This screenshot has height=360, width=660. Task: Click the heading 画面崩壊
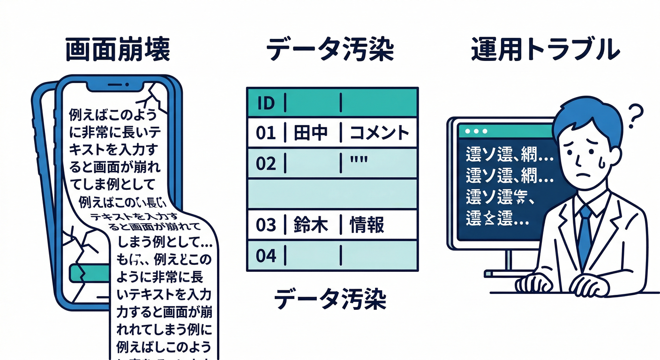(117, 50)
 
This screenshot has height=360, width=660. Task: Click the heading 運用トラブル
(545, 49)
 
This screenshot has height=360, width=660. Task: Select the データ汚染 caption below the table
(330, 299)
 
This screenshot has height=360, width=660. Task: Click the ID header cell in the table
(266, 102)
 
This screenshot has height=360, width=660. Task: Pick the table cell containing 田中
(311, 133)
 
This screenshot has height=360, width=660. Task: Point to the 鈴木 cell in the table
(311, 225)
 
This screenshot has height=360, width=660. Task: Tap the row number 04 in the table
(266, 255)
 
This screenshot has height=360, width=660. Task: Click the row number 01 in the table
(266, 133)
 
